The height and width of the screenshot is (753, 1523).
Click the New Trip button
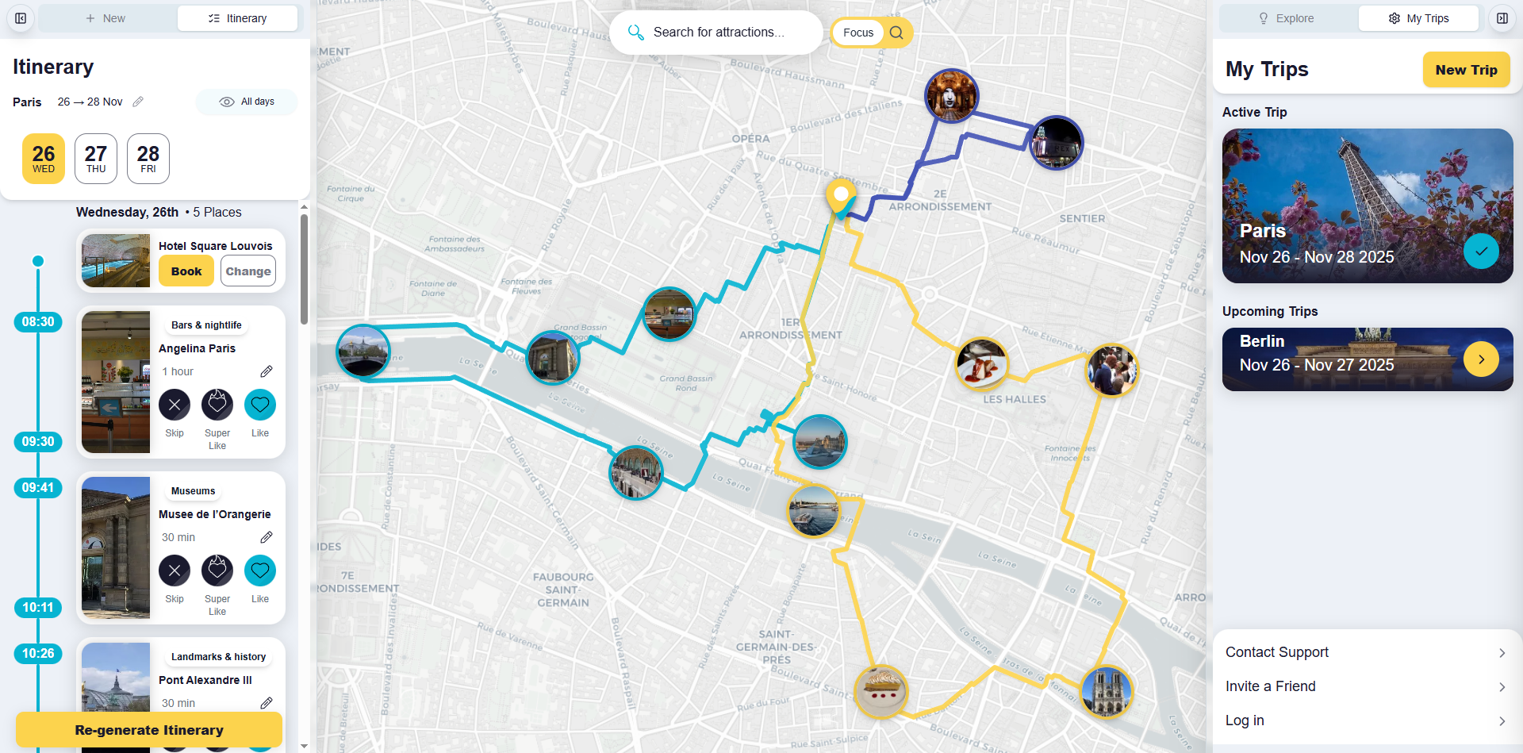[1466, 70]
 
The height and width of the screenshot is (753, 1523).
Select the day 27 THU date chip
[96, 159]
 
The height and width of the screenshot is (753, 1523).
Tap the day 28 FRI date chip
[148, 159]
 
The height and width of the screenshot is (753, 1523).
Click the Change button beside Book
[248, 271]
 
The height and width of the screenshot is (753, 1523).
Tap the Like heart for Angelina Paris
[259, 405]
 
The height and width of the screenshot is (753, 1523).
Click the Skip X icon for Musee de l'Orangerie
[175, 571]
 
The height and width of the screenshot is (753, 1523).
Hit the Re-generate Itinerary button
[149, 730]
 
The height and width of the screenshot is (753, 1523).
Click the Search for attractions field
[718, 33]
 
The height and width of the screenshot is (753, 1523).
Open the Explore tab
[1287, 18]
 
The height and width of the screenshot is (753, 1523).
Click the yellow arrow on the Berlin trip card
[1481, 359]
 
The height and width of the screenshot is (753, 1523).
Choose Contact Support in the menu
[1364, 652]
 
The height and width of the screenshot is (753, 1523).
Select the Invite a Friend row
[1364, 686]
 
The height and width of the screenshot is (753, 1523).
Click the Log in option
[1364, 720]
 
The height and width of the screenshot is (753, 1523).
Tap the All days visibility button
[247, 102]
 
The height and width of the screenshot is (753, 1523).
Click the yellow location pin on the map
[841, 195]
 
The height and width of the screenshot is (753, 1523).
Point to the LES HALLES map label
[1015, 399]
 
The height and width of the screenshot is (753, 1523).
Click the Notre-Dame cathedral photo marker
[1107, 692]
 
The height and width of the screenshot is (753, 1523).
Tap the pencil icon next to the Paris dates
[138, 102]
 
